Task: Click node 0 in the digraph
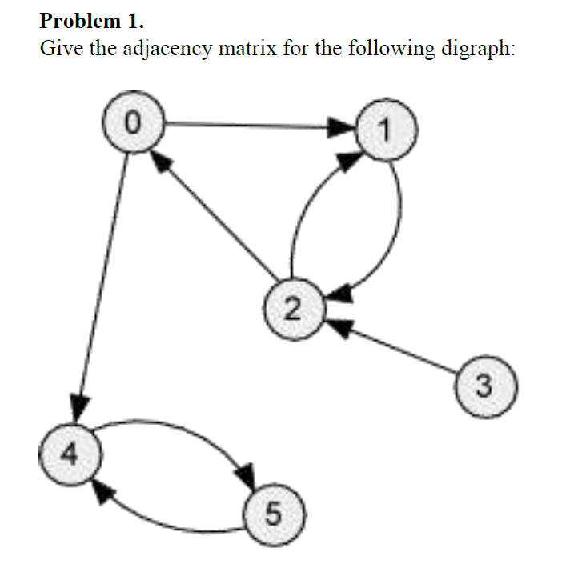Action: pyautogui.click(x=133, y=123)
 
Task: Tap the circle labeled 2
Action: pyautogui.click(x=292, y=308)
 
